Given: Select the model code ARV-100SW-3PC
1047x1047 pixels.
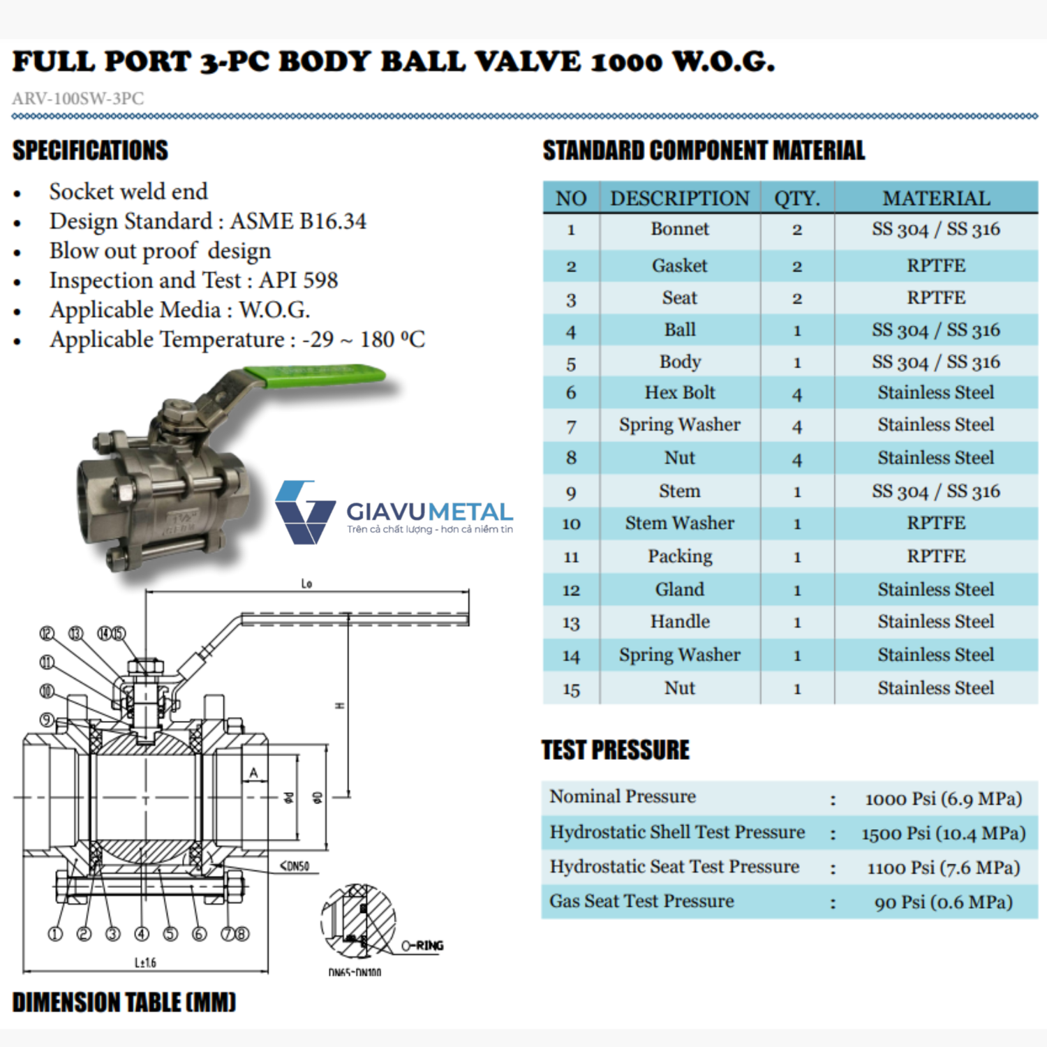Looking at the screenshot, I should tap(78, 98).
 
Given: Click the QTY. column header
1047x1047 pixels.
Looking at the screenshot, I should tap(797, 198).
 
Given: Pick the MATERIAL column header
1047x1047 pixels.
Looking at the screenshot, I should tap(936, 198).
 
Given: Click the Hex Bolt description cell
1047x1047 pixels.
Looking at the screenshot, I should tap(680, 393).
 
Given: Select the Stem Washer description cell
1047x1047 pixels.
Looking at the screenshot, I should tap(680, 523).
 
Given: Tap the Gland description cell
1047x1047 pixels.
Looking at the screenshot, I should tap(680, 590).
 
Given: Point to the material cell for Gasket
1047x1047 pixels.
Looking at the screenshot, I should tap(936, 266).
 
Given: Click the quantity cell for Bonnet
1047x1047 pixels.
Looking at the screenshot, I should tap(797, 230).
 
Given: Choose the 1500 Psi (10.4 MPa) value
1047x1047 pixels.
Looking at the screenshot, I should tap(944, 833).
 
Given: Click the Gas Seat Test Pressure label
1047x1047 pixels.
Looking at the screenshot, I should tap(641, 901).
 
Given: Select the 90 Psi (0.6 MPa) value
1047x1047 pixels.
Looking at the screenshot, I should tap(944, 903).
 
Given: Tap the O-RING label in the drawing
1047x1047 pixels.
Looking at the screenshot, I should tap(423, 946).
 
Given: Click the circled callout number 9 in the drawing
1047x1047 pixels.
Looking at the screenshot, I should tap(47, 720).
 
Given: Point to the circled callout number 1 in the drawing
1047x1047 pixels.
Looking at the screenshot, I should tap(54, 934).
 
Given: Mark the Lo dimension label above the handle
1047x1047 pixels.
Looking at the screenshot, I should tap(306, 584).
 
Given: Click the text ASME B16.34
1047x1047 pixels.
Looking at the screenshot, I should tap(298, 221).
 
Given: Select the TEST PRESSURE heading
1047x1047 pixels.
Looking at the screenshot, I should tap(616, 750).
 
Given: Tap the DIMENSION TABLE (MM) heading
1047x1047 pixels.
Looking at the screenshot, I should tap(124, 1002).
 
